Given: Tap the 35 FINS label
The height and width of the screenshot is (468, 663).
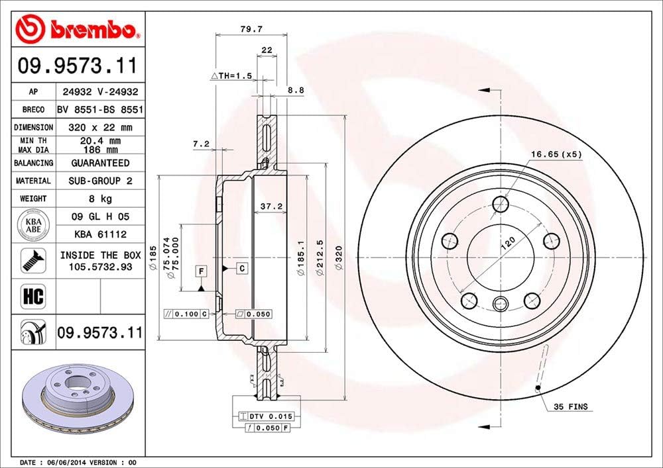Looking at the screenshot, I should (x=570, y=406).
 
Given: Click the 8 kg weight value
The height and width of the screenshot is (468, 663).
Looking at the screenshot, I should (x=101, y=198).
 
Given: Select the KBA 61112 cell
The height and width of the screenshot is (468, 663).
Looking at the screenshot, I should (x=101, y=234).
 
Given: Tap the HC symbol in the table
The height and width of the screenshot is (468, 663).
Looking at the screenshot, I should (x=33, y=296).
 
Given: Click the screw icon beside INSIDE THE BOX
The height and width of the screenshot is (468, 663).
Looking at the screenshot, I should (x=33, y=260).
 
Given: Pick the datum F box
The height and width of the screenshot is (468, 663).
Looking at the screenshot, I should (x=200, y=269).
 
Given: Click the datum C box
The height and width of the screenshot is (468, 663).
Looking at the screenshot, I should (x=242, y=267).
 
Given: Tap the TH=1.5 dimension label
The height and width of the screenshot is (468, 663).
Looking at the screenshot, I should (x=231, y=77).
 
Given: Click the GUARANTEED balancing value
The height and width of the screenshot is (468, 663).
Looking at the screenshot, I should (x=101, y=163).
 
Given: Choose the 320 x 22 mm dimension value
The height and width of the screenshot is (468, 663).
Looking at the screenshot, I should (x=101, y=127).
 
